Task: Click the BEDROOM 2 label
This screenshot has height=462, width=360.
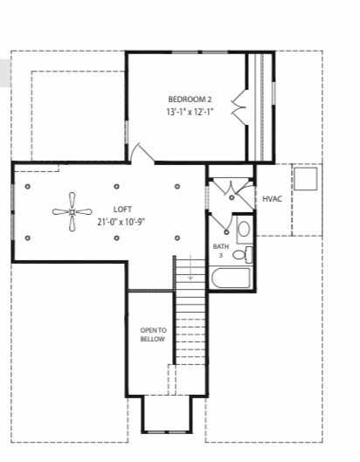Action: (x=189, y=99)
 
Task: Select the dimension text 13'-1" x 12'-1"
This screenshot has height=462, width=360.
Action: (x=189, y=112)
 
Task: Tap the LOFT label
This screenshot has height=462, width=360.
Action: (x=121, y=209)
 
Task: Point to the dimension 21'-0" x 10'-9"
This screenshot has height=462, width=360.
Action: (x=121, y=222)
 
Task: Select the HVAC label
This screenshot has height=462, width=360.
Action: (x=272, y=199)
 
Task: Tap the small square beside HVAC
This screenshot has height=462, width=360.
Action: (x=305, y=178)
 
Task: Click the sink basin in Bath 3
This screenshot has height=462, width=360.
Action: (x=243, y=230)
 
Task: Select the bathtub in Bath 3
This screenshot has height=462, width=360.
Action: (x=231, y=279)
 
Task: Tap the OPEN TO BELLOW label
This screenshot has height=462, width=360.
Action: (x=152, y=334)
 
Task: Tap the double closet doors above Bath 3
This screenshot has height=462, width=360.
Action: (x=231, y=187)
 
